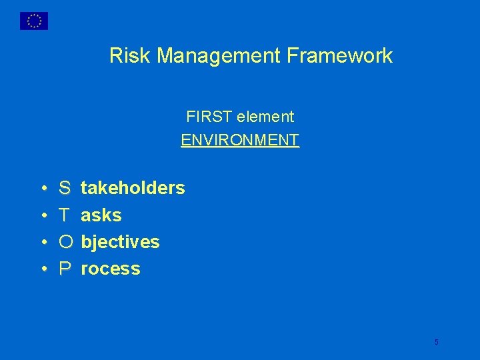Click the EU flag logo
pyautogui.click(x=33, y=21)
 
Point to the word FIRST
pyautogui.click(x=209, y=117)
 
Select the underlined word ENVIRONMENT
pyautogui.click(x=240, y=140)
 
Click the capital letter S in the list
pyautogui.click(x=65, y=189)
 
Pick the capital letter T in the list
pyautogui.click(x=65, y=215)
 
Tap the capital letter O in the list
pyautogui.click(x=65, y=242)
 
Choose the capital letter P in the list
pyautogui.click(x=65, y=269)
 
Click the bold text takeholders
pyautogui.click(x=133, y=189)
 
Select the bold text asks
pyautogui.click(x=101, y=215)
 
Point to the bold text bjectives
pyautogui.click(x=120, y=242)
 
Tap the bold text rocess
pyautogui.click(x=111, y=269)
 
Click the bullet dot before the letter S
pyautogui.click(x=42, y=189)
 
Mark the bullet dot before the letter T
pyautogui.click(x=42, y=216)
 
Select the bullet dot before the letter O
pyautogui.click(x=42, y=243)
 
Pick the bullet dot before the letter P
pyautogui.click(x=42, y=269)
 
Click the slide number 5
pyautogui.click(x=436, y=342)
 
